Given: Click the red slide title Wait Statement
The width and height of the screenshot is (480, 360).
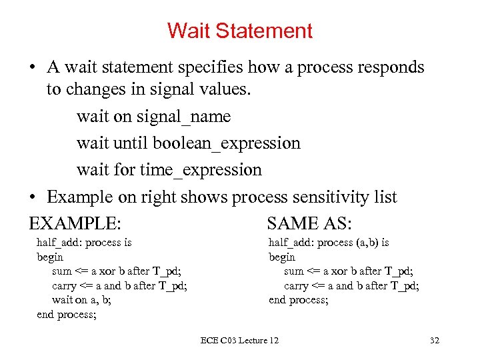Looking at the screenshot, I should (x=239, y=31).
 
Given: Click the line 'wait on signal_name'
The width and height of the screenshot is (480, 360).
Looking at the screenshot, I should (x=153, y=117).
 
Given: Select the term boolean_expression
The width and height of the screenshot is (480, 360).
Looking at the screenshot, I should (x=226, y=143).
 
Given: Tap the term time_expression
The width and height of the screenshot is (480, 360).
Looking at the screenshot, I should (x=201, y=170).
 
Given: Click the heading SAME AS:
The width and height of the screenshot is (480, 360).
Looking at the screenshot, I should (x=309, y=223).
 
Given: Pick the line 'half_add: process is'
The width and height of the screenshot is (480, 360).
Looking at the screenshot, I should (x=84, y=243).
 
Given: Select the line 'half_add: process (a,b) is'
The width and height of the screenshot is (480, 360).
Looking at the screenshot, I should (x=329, y=243).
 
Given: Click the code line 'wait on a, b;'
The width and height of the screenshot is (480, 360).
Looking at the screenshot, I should (x=81, y=300).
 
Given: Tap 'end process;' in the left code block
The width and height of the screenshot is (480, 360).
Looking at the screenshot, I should (x=67, y=315).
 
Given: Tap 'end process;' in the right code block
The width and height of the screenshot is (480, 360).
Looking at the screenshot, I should (x=298, y=300).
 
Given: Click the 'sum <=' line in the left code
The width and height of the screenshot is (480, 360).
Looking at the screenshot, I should (x=117, y=271).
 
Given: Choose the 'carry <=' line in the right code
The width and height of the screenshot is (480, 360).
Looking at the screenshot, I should (x=351, y=286).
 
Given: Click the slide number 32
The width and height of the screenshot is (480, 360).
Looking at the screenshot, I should (x=435, y=341).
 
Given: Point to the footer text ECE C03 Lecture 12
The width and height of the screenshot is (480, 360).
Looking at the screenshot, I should (x=239, y=341).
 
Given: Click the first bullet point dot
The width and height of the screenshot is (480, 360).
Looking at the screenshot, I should (x=32, y=68).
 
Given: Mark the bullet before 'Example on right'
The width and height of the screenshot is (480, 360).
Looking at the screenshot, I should (x=32, y=198).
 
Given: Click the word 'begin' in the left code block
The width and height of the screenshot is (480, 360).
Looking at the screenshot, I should (x=50, y=257).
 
